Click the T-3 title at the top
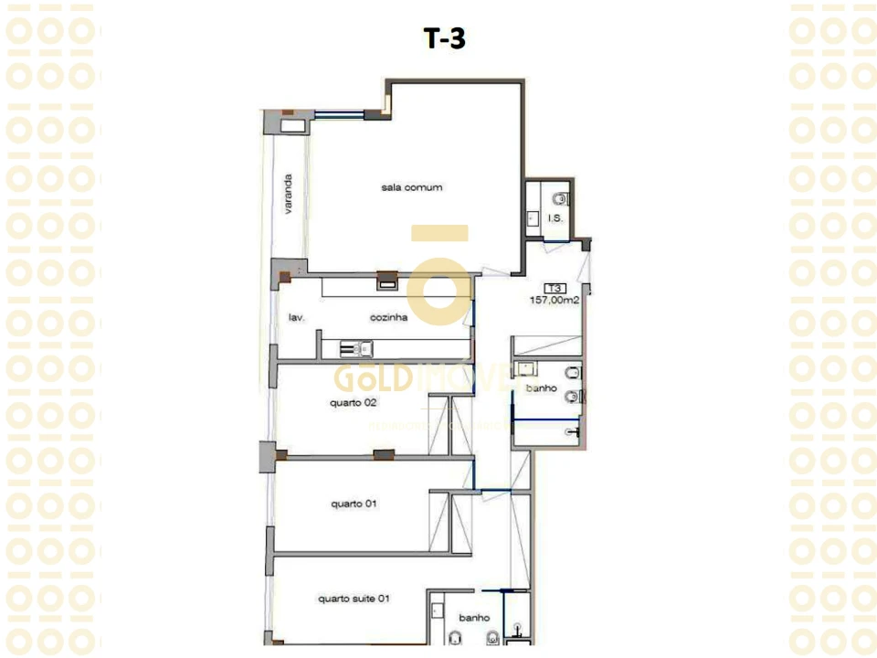click(x=446, y=38)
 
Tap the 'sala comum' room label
click(x=412, y=187)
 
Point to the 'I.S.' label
click(x=554, y=219)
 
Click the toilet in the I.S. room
click(x=560, y=197)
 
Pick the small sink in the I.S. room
click(x=532, y=218)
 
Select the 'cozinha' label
click(x=388, y=318)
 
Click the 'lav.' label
click(x=296, y=318)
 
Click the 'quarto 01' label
click(x=354, y=504)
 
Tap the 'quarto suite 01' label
click(x=354, y=600)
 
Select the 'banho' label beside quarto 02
click(x=542, y=388)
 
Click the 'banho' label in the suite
click(x=475, y=618)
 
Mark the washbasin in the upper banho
click(x=524, y=369)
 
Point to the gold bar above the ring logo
click(x=439, y=233)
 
